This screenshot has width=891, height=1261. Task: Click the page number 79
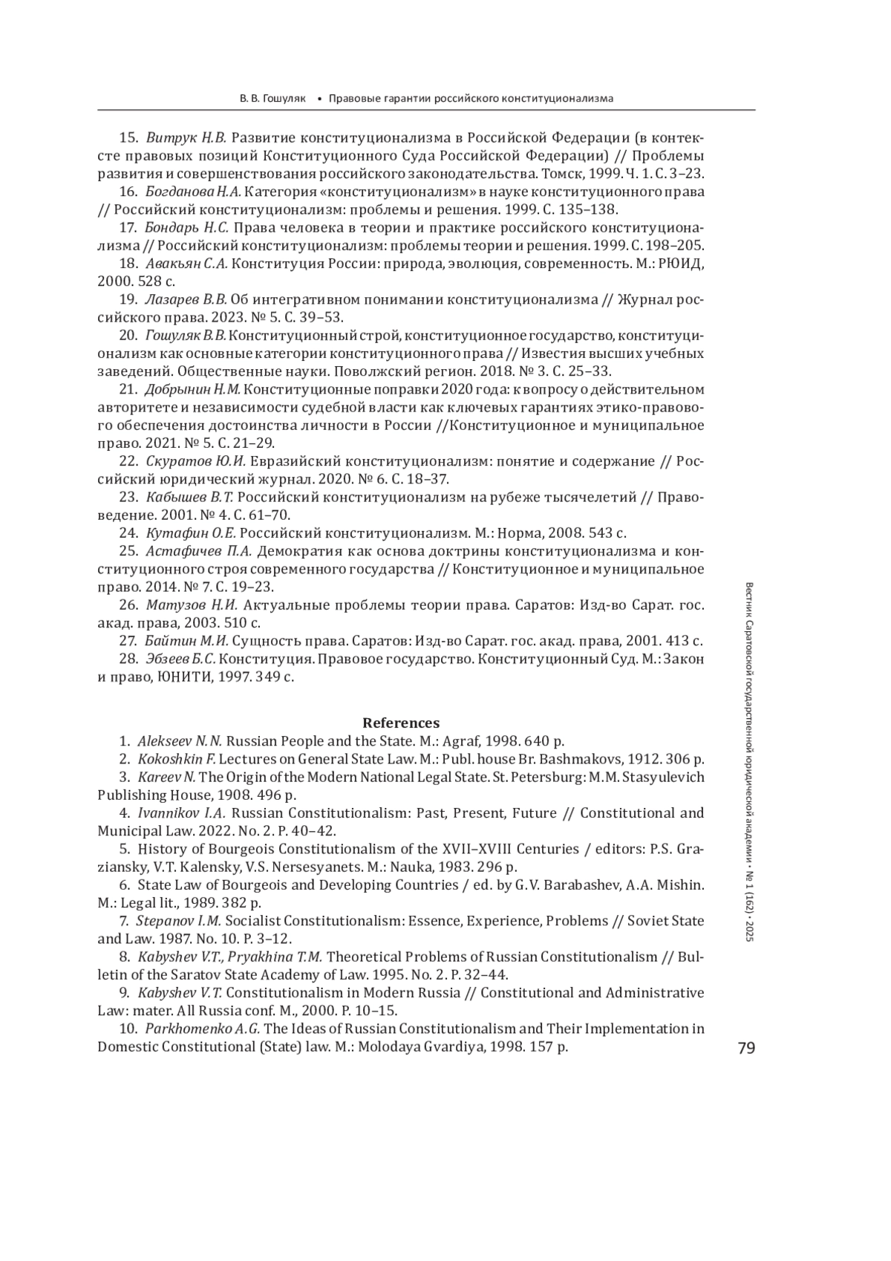[745, 1048]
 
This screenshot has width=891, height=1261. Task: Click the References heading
[400, 723]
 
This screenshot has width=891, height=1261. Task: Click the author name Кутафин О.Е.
[191, 532]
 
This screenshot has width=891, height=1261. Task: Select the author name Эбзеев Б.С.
[180, 659]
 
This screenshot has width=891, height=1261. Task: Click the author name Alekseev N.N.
[180, 741]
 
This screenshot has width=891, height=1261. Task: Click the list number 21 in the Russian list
[128, 389]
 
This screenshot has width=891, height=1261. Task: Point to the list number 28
[128, 659]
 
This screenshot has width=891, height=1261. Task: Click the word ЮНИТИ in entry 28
[180, 677]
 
